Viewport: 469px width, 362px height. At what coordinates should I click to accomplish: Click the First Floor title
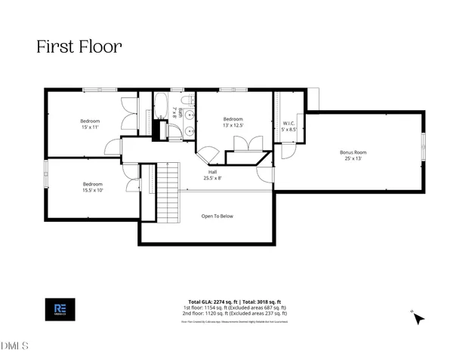coord(79,46)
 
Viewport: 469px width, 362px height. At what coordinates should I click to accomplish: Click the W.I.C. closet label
coord(288,122)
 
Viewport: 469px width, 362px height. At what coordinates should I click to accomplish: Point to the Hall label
coord(213,171)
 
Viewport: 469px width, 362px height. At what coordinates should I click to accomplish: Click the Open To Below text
coord(217,216)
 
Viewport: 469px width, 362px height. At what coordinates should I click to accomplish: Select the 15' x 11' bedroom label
coord(91,127)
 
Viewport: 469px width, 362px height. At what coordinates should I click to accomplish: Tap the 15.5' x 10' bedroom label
coord(93,190)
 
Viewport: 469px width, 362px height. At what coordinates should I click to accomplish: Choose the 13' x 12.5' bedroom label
coord(233,125)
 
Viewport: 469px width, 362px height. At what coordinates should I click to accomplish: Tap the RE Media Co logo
coord(60,309)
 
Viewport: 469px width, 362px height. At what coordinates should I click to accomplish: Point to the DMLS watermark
coord(15,346)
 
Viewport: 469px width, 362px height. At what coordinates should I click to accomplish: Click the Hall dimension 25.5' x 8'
coord(213,179)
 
